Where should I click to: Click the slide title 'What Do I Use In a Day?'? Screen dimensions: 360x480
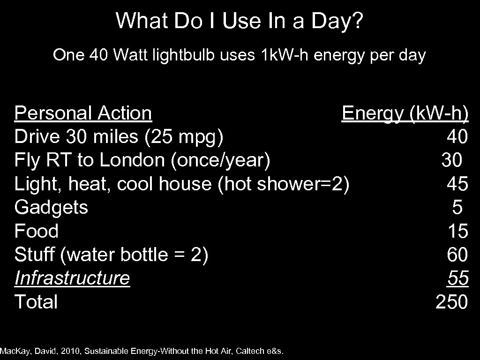pos(240,21)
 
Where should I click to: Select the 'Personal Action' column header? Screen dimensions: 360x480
pos(83,113)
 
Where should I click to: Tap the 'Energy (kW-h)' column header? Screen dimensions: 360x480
pos(405,113)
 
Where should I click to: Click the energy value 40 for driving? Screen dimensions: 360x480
pos(457,137)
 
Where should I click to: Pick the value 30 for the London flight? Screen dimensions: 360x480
pos(451,161)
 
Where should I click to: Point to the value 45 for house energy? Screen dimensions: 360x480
pos(457,184)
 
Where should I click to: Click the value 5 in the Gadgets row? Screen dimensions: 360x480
pos(457,208)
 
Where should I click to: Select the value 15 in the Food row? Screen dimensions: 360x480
pos(457,231)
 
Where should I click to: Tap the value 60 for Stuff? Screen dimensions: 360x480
pos(457,255)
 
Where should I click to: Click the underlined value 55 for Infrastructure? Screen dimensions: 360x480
pos(457,278)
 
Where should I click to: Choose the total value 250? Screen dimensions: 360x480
pos(451,302)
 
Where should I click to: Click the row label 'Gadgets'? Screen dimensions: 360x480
pos(51,208)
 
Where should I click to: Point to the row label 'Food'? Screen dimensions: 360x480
pos(37,231)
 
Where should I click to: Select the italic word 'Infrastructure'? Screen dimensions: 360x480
pos(72,278)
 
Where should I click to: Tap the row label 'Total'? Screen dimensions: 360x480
pos(36,302)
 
